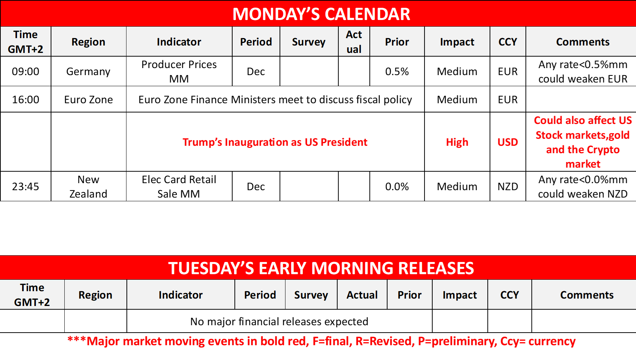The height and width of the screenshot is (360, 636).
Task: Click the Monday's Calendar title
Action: pyautogui.click(x=321, y=14)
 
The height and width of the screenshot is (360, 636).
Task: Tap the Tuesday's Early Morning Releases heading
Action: pyautogui.click(x=321, y=268)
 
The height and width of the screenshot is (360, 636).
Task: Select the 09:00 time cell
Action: pyautogui.click(x=26, y=71)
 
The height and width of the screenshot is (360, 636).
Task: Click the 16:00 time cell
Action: pyautogui.click(x=26, y=100)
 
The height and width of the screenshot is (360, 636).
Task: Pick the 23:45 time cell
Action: pyautogui.click(x=26, y=186)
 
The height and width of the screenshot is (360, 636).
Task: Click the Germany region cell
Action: pyautogui.click(x=88, y=71)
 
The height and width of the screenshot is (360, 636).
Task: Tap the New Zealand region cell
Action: pyautogui.click(x=88, y=186)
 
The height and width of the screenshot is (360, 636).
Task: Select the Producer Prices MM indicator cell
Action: pyautogui.click(x=179, y=71)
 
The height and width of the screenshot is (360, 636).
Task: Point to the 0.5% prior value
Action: pyautogui.click(x=397, y=71)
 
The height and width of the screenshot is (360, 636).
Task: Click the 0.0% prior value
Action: pyautogui.click(x=397, y=186)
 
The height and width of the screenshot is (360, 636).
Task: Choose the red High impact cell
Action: pyautogui.click(x=457, y=142)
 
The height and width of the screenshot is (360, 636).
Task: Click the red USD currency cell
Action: pyautogui.click(x=508, y=142)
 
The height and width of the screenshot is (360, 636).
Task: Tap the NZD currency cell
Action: pyautogui.click(x=508, y=186)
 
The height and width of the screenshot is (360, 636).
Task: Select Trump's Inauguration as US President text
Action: pyautogui.click(x=275, y=142)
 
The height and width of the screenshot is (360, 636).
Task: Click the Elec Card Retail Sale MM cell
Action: pyautogui.click(x=179, y=186)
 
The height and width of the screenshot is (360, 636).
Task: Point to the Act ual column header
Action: pyautogui.click(x=354, y=42)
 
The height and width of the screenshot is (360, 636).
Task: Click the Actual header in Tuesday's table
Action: pyautogui.click(x=362, y=295)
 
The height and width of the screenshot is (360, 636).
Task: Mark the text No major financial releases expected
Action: pyautogui.click(x=279, y=322)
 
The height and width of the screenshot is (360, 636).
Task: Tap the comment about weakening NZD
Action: pyautogui.click(x=583, y=186)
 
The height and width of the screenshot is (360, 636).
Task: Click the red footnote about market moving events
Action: pyautogui.click(x=321, y=341)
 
